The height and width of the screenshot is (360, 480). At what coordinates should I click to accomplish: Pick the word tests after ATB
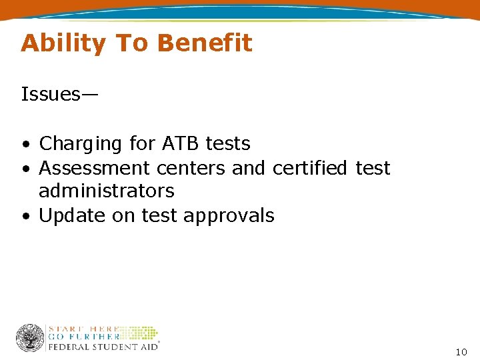(228, 143)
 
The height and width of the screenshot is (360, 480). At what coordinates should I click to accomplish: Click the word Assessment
(94, 167)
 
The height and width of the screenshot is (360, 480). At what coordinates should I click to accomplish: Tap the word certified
(311, 167)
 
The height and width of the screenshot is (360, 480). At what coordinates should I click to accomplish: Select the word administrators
(107, 191)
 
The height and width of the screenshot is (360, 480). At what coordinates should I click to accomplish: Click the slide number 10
(461, 351)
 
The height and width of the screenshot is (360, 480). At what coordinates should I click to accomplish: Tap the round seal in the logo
(30, 338)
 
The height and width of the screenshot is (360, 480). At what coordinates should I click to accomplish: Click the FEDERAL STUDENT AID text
(103, 347)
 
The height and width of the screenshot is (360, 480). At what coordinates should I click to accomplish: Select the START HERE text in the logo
(83, 329)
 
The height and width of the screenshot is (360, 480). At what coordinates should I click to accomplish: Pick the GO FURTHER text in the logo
(83, 337)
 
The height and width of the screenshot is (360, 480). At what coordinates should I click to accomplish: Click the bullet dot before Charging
(25, 145)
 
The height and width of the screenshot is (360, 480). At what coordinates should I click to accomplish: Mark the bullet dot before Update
(25, 217)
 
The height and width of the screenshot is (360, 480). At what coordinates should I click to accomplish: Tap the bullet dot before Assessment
(25, 168)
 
